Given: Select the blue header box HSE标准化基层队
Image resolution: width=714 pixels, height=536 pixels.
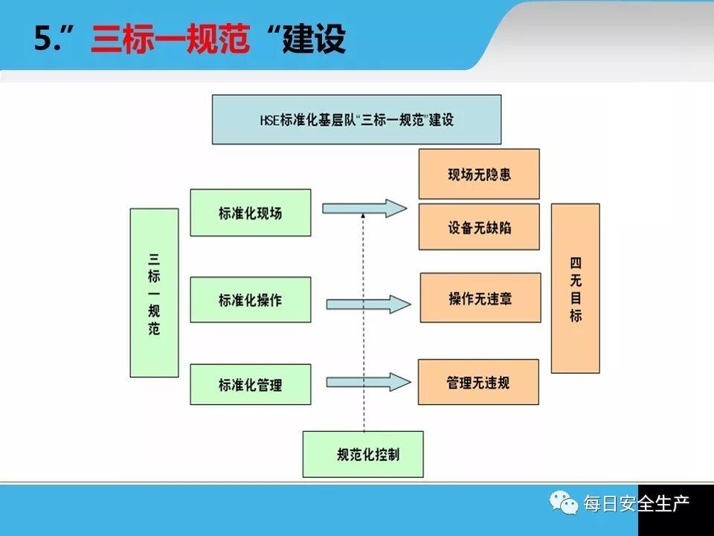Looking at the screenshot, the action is (x=356, y=119).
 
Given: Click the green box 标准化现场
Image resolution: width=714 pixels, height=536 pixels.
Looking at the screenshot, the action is (x=251, y=213).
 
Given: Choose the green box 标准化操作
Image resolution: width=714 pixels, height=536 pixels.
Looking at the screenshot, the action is (x=251, y=300).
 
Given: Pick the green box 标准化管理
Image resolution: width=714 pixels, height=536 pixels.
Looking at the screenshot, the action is (x=251, y=385).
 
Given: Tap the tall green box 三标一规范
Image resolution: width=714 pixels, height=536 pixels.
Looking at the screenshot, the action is (x=154, y=293).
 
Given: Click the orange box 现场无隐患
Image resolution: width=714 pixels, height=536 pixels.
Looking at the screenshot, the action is (x=479, y=174).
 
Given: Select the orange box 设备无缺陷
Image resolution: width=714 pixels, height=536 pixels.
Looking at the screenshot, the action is (x=479, y=226).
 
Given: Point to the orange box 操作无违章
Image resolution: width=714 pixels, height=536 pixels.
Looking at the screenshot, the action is (x=480, y=298).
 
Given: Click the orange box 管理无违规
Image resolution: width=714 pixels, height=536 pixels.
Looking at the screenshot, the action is (x=478, y=382).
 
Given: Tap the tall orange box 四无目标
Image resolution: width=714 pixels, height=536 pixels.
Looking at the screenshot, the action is (x=575, y=288).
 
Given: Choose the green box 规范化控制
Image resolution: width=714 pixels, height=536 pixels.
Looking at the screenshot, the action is (x=363, y=453).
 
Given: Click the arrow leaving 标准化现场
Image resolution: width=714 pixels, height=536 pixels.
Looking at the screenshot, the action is (x=366, y=208).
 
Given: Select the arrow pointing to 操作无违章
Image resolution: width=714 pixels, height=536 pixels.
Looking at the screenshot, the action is (x=368, y=303).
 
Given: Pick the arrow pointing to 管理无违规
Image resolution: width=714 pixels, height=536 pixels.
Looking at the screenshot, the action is (x=368, y=382).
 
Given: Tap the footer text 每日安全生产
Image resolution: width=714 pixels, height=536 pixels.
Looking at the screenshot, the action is (x=636, y=504).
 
